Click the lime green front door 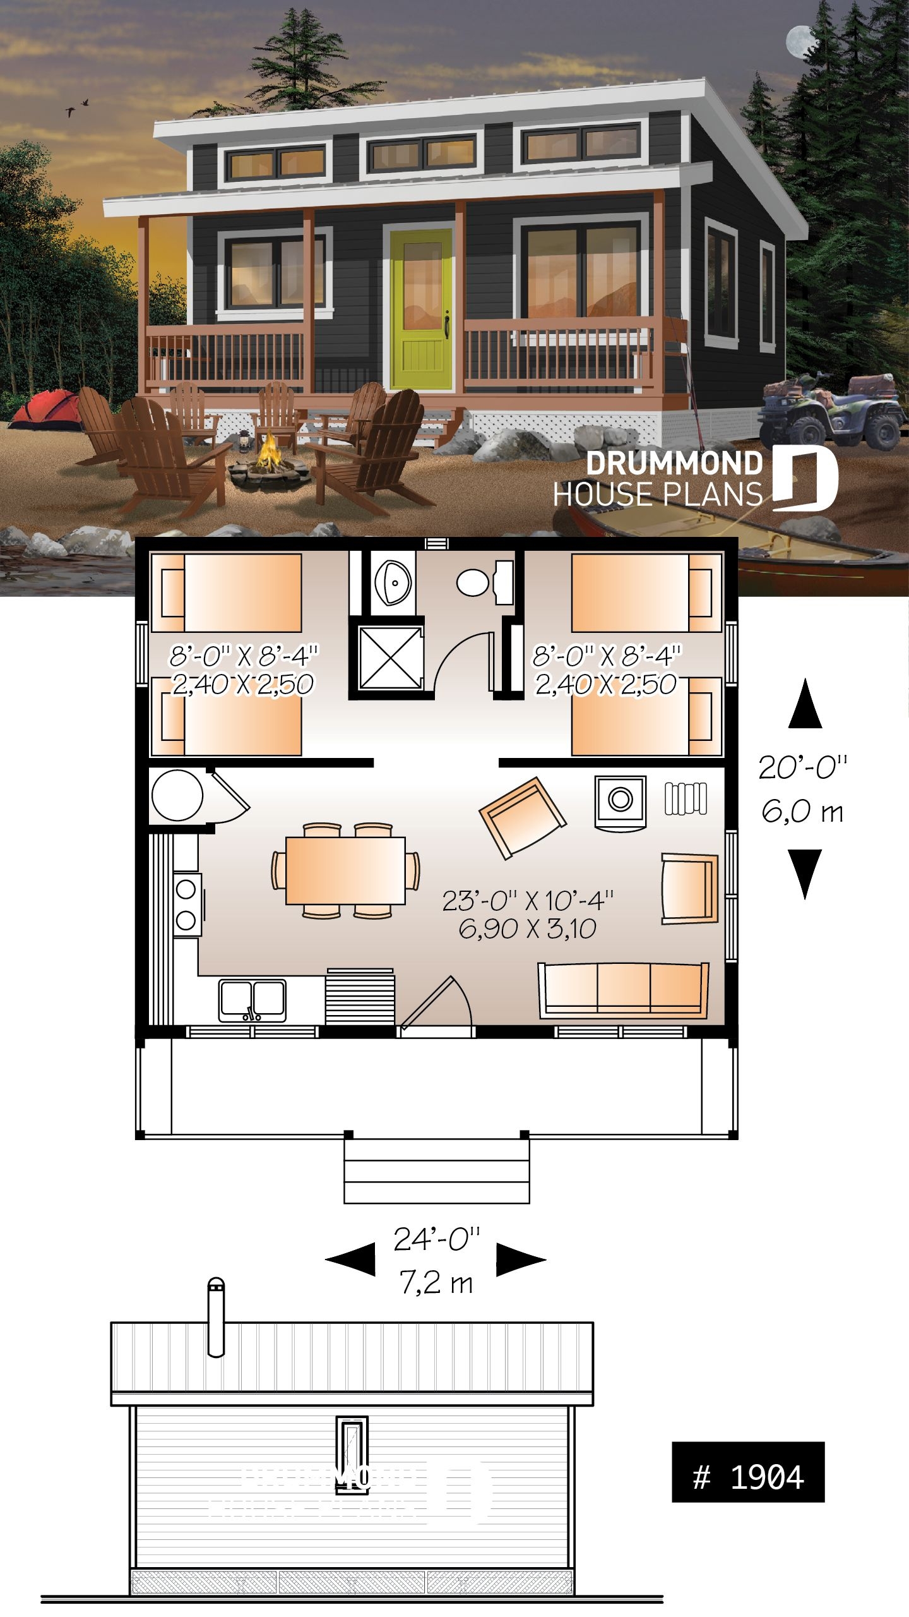click(x=421, y=310)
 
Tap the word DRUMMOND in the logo click(x=674, y=464)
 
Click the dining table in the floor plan click(x=345, y=870)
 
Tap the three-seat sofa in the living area click(x=622, y=989)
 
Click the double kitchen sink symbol click(x=252, y=1000)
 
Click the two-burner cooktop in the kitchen click(x=186, y=905)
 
